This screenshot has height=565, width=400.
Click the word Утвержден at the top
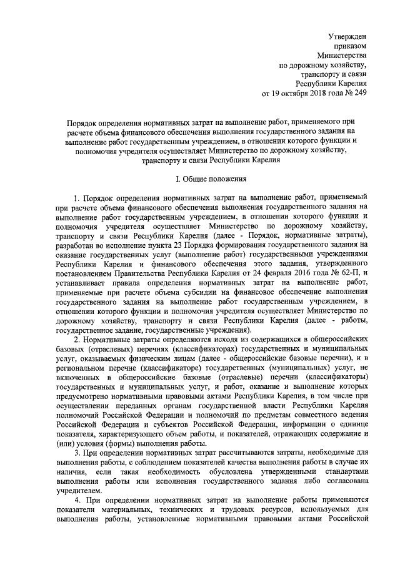coord(347,37)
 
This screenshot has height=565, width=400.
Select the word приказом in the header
coord(351,47)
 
